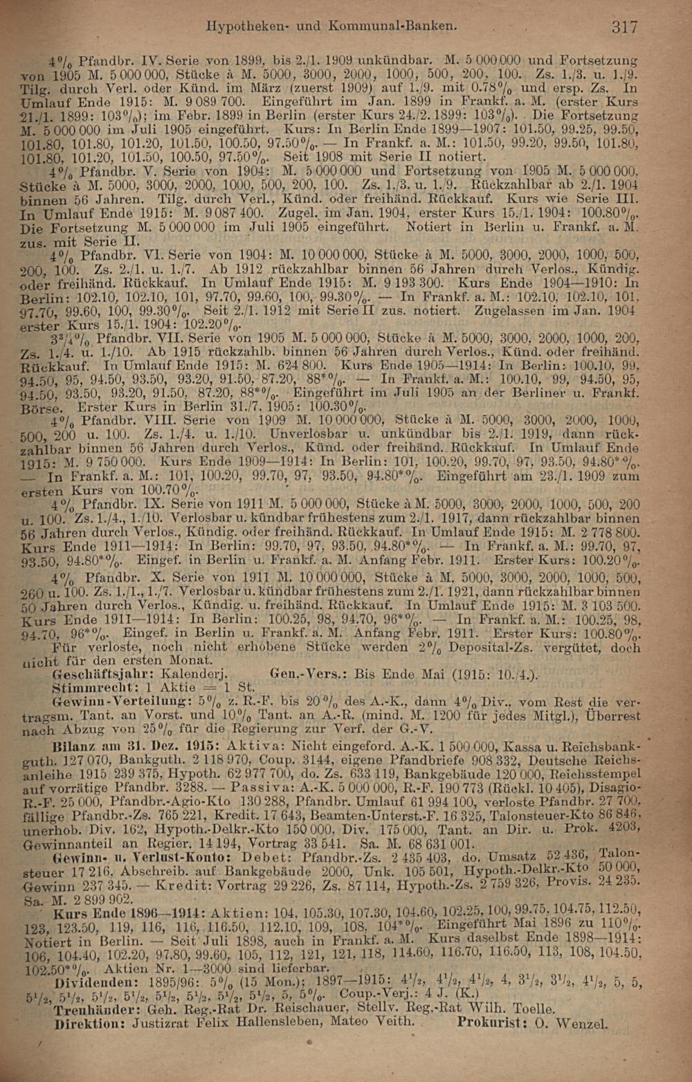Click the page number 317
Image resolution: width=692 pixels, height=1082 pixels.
623,27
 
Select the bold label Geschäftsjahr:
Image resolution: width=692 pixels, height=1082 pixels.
98,674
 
